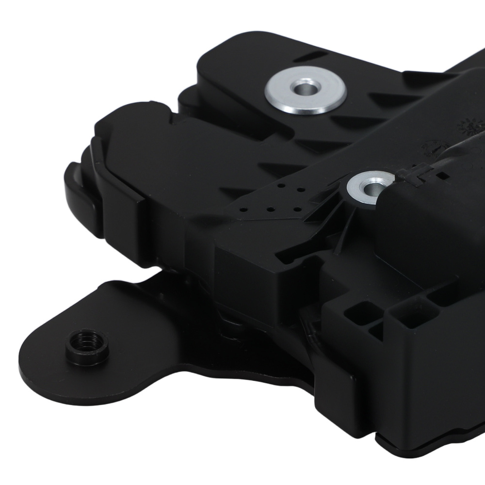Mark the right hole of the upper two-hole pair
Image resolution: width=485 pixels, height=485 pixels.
300,189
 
